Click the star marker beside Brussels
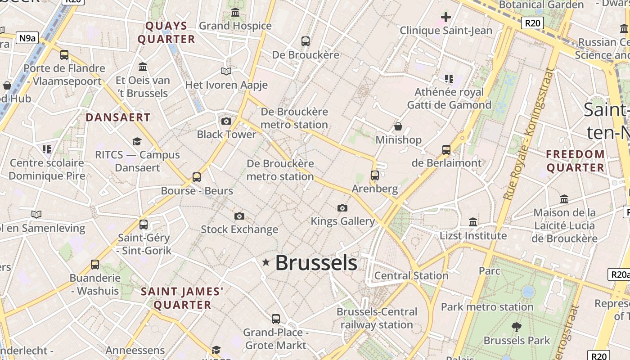point(266,262)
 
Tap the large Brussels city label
point(316,263)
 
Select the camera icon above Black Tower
point(226,121)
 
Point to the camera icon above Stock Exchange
point(239,216)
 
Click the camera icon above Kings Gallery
point(342,208)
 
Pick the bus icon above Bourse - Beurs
point(197,177)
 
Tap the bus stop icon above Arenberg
point(375,175)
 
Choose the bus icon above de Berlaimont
point(446,149)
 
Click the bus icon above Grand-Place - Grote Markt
point(276,319)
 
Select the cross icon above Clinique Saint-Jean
point(445,18)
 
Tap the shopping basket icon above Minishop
point(398,126)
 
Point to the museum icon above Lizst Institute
point(473,222)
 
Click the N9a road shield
point(27,38)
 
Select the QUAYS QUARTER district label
point(166,32)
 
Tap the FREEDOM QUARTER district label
point(575,161)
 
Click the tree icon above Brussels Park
point(517,327)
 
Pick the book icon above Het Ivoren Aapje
point(226,72)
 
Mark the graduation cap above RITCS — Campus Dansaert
point(137,142)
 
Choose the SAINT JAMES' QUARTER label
point(182,298)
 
